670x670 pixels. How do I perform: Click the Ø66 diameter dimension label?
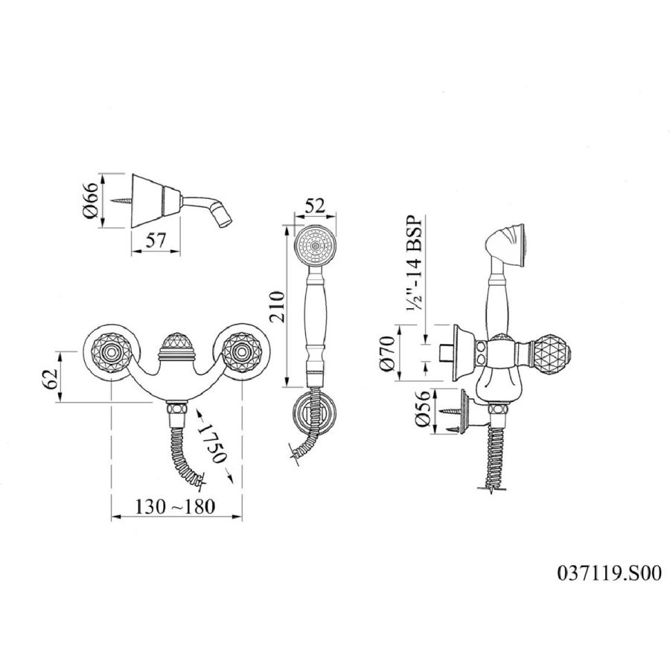(94, 200)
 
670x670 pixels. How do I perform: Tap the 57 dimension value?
(156, 241)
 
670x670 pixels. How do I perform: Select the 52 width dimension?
(316, 206)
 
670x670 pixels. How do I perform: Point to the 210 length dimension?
(276, 306)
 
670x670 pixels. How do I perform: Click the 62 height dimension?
(51, 377)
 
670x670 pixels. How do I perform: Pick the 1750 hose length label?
(212, 444)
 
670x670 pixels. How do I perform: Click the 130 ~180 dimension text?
(175, 507)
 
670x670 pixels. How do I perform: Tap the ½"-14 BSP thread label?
(414, 263)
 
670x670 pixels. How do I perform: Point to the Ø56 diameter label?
(422, 409)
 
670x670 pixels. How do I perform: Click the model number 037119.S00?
(609, 573)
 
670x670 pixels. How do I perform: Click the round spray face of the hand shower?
(316, 247)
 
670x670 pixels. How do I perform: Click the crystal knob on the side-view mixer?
(552, 354)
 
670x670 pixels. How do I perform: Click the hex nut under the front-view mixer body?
(176, 408)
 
